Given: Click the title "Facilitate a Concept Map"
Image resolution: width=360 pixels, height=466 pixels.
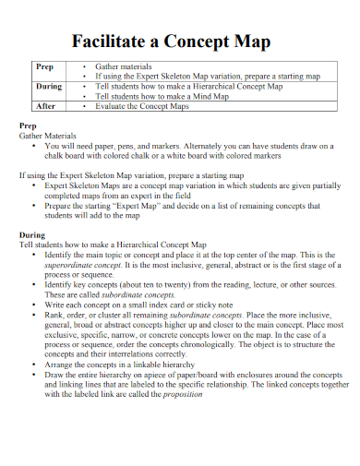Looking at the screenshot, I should point(179,41).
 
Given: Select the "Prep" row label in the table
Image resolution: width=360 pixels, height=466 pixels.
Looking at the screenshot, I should point(43,67).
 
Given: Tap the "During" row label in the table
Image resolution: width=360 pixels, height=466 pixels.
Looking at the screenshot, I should point(48,87).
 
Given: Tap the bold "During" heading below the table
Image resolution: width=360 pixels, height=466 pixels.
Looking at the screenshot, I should point(32,234).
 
